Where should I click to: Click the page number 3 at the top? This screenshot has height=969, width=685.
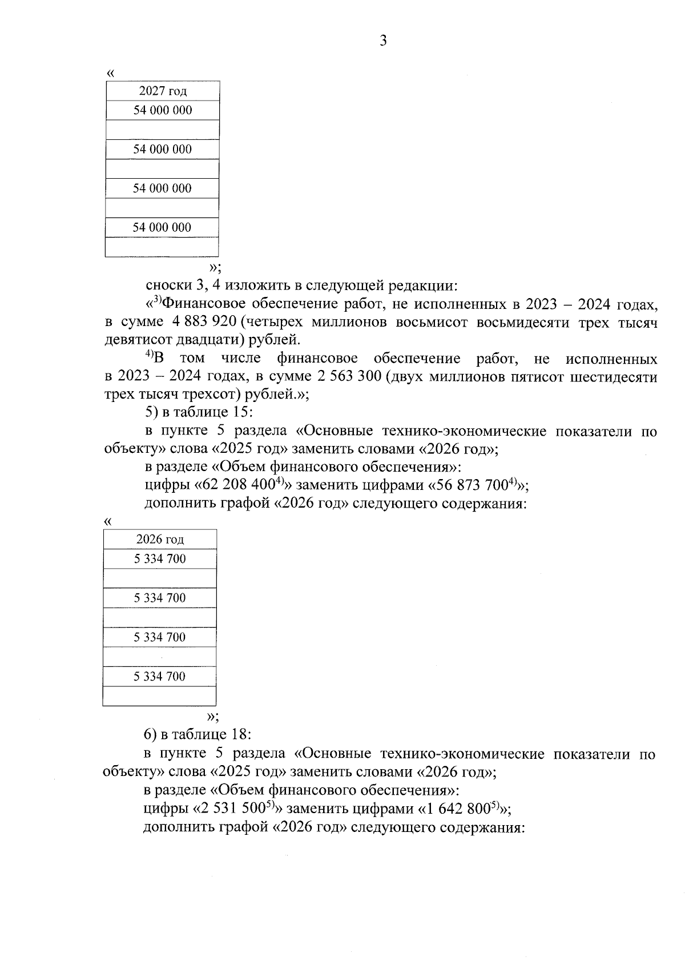point(383,41)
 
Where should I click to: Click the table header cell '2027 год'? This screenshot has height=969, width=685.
point(163,91)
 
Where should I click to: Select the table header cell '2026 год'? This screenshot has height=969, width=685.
point(160,540)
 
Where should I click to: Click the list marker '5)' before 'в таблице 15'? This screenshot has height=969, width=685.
point(152,412)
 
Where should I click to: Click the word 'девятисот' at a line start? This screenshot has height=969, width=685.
point(132,340)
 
